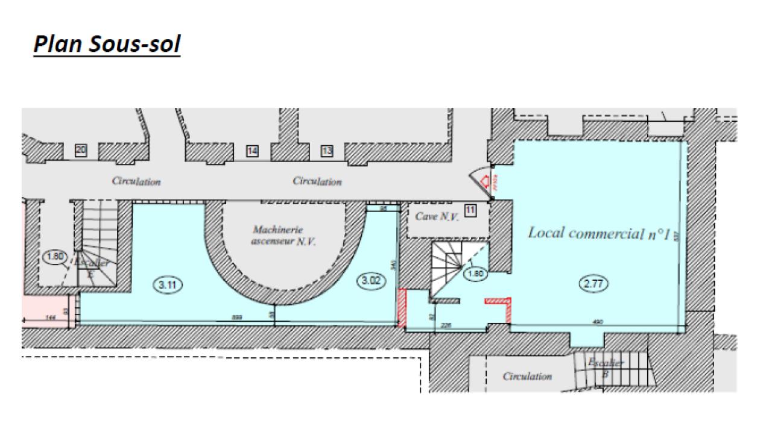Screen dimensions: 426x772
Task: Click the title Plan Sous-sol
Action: (x=107, y=44)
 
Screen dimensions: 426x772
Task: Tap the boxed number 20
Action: (x=80, y=151)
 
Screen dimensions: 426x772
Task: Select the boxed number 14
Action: (x=252, y=151)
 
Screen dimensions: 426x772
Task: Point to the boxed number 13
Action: (x=327, y=151)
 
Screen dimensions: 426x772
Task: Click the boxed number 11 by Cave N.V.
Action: (x=470, y=210)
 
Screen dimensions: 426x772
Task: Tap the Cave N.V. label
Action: (x=437, y=216)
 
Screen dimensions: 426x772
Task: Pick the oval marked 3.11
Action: (x=167, y=285)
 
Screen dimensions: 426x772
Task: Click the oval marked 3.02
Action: (x=371, y=281)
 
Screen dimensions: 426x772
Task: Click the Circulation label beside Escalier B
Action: (x=527, y=377)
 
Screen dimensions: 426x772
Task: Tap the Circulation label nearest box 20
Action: (x=136, y=181)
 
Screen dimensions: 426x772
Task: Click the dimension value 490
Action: (x=598, y=322)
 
